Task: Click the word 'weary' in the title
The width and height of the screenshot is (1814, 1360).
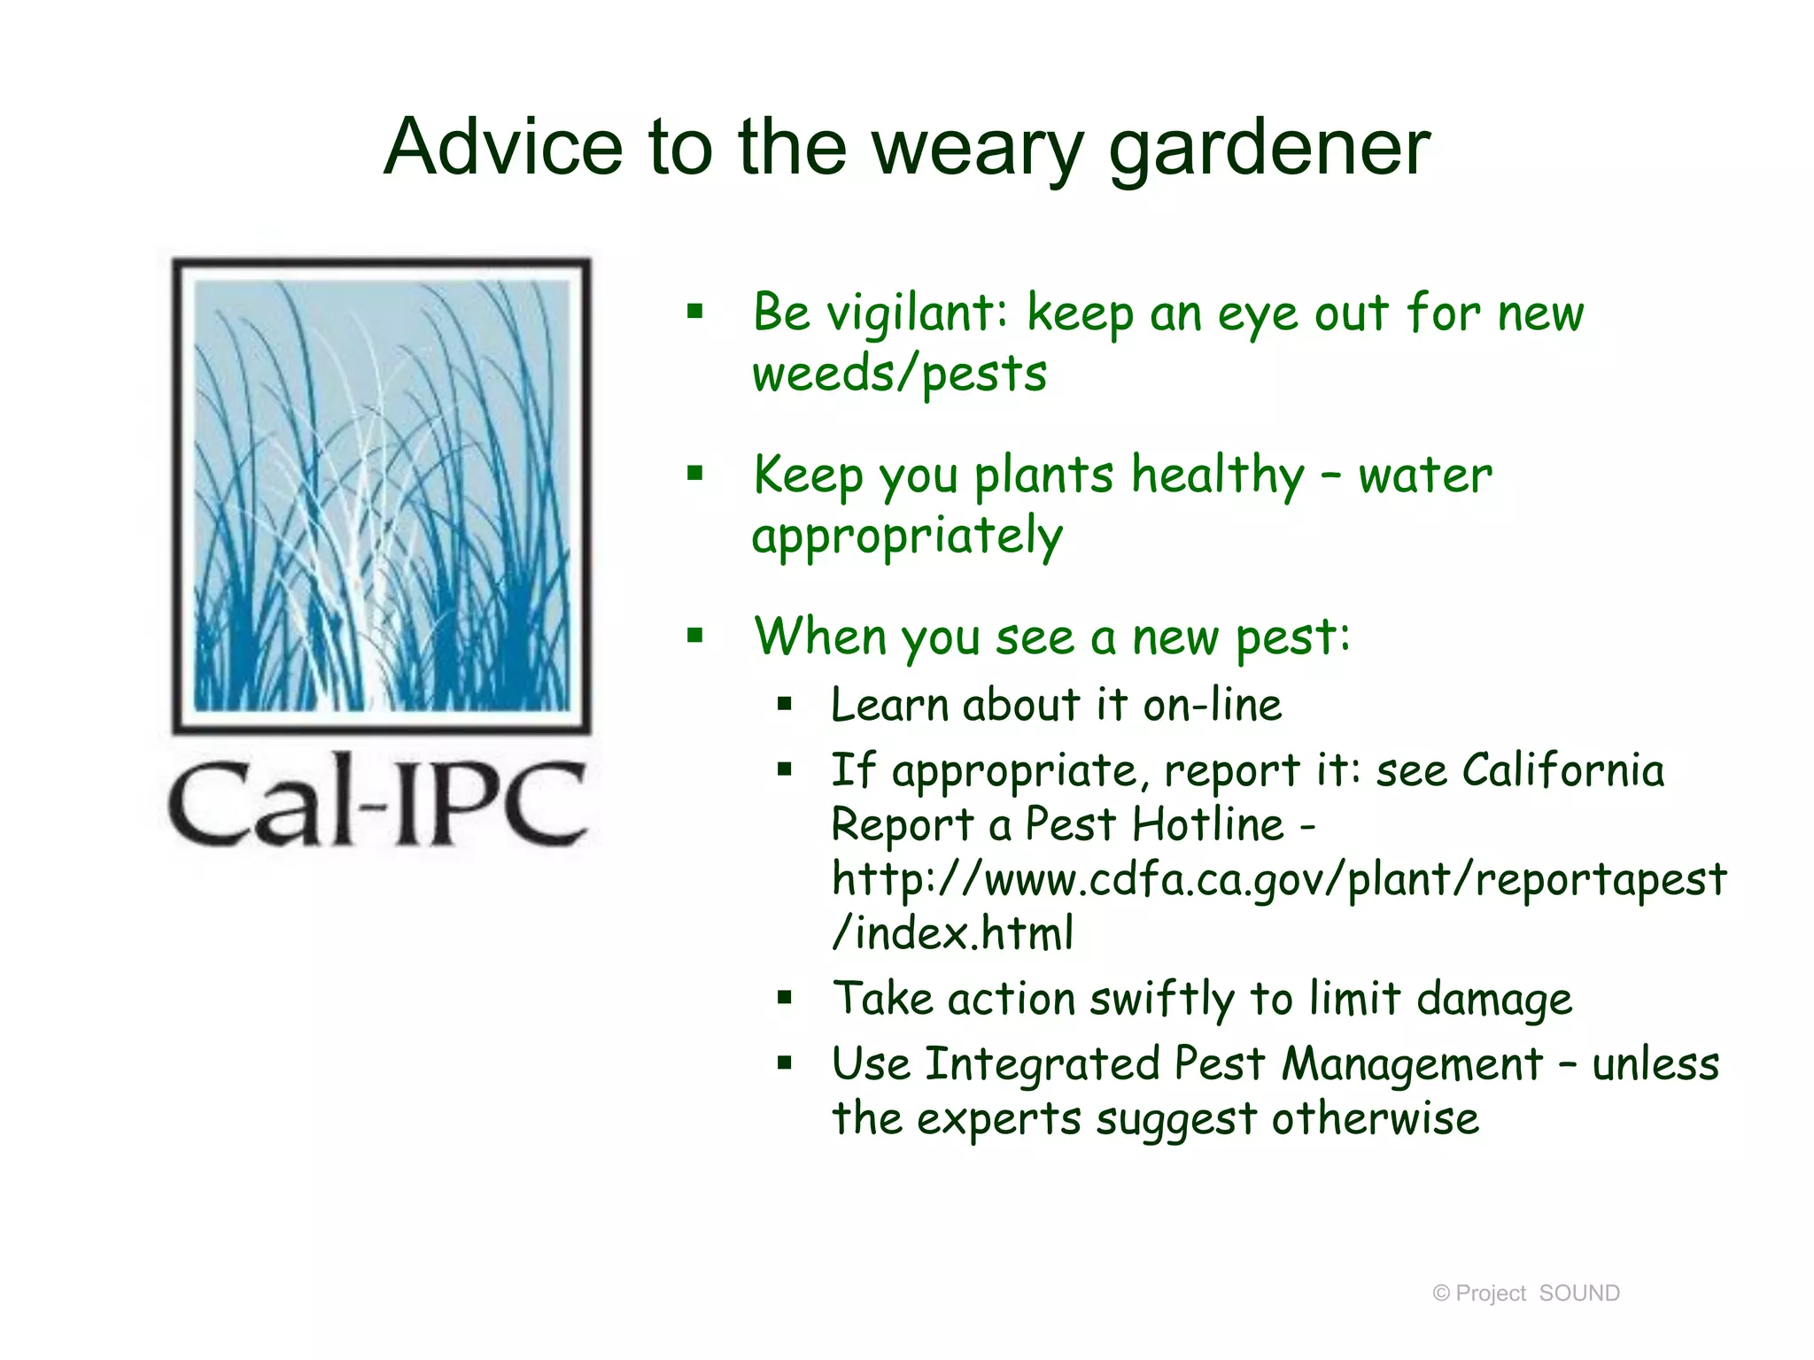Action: click(x=978, y=148)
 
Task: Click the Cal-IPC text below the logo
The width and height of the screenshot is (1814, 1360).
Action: click(x=378, y=801)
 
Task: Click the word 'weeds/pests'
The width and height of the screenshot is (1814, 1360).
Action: click(x=899, y=374)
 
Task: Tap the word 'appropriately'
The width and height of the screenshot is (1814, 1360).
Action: click(x=907, y=537)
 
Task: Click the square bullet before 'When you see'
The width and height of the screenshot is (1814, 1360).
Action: click(x=695, y=635)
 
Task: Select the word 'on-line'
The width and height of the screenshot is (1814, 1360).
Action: click(x=1212, y=706)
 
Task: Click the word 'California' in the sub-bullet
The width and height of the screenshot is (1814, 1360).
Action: click(x=1562, y=770)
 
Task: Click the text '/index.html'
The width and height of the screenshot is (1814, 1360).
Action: click(x=953, y=934)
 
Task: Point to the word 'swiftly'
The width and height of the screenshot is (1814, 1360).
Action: click(x=1161, y=1000)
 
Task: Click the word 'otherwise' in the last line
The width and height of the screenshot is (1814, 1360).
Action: click(x=1375, y=1119)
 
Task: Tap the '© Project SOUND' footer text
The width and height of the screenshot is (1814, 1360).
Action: click(x=1525, y=1294)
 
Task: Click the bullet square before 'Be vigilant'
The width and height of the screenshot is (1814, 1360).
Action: click(x=695, y=311)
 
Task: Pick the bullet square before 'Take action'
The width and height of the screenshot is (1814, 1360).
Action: click(x=784, y=999)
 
